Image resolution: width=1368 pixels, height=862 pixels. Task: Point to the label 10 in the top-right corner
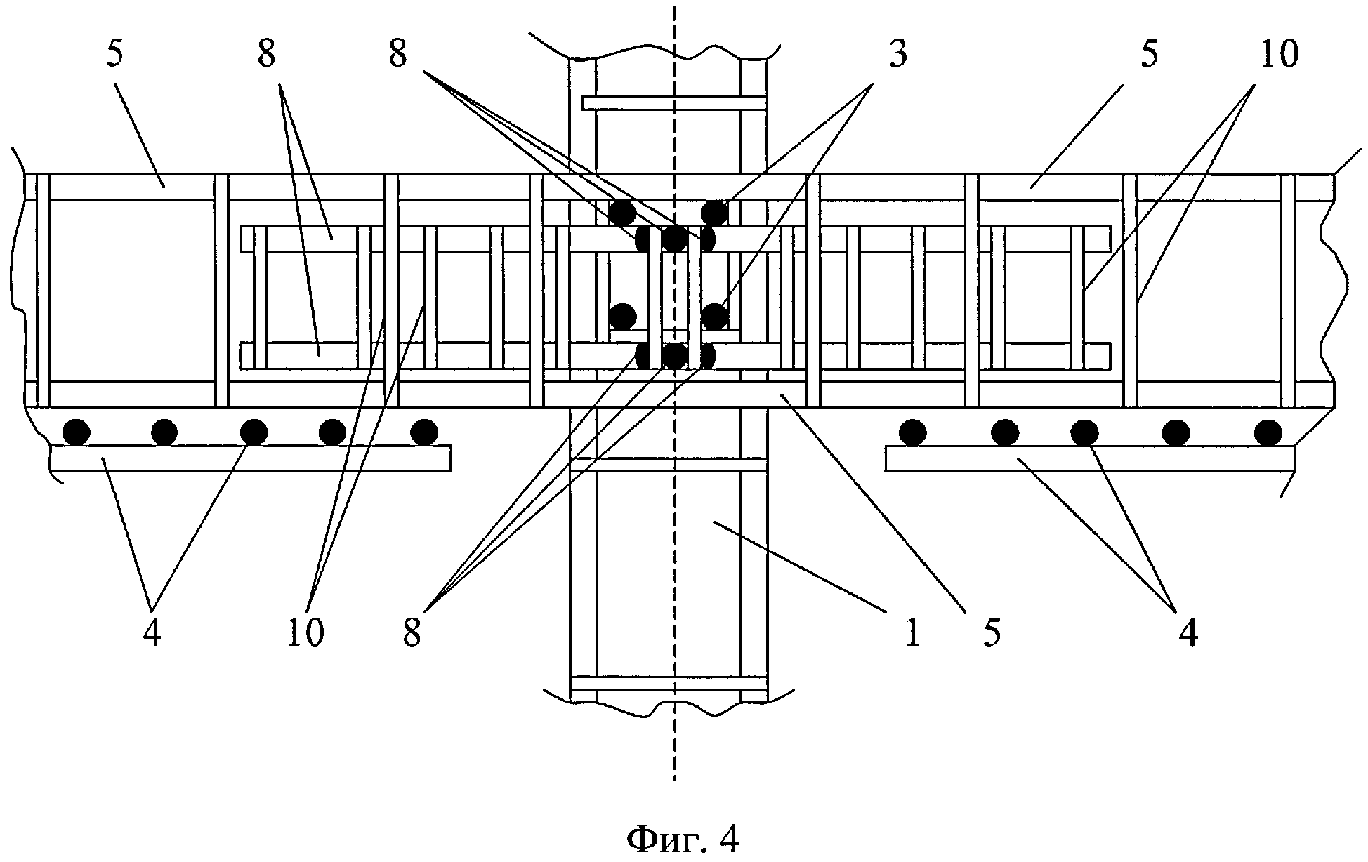(x=1280, y=55)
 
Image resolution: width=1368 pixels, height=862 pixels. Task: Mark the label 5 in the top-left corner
(x=114, y=55)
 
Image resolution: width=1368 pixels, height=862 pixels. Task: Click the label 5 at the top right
(x=1149, y=55)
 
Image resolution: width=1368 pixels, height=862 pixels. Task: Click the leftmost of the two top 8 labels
(x=266, y=55)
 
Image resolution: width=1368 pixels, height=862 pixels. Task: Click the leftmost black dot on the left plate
(x=76, y=432)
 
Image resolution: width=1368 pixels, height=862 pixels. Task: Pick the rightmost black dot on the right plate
(x=1268, y=432)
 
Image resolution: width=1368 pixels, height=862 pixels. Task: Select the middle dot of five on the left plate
(x=254, y=432)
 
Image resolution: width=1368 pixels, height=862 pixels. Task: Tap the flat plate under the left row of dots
(x=251, y=458)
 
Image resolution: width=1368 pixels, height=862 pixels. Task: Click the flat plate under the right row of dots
(x=1089, y=458)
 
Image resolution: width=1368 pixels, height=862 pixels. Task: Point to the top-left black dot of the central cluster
(x=622, y=211)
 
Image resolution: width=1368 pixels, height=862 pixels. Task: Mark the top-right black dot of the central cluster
(x=714, y=211)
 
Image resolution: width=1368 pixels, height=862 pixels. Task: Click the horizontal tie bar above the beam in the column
(x=673, y=103)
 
